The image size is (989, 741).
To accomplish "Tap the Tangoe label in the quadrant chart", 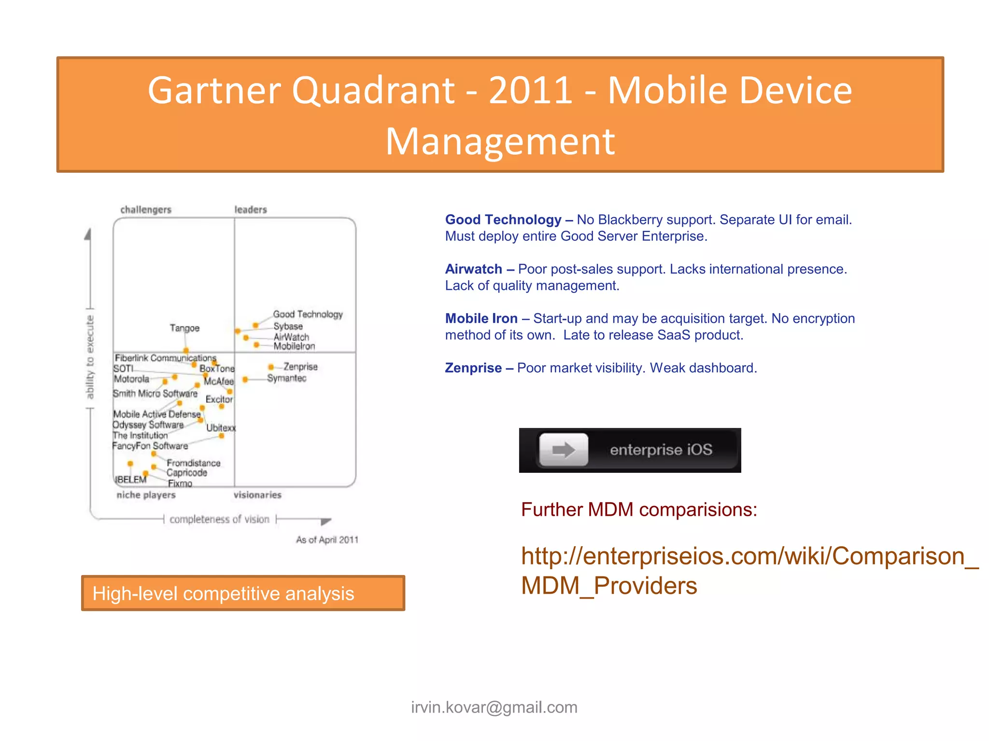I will pyautogui.click(x=184, y=328).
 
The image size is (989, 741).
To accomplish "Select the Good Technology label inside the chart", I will pyautogui.click(x=308, y=314).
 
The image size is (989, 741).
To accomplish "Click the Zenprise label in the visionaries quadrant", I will pyautogui.click(x=300, y=367).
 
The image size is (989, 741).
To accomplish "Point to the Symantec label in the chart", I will pyautogui.click(x=287, y=378).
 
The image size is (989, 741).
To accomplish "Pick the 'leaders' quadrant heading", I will pyautogui.click(x=251, y=209).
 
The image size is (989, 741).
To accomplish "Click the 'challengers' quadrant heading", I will pyautogui.click(x=146, y=209).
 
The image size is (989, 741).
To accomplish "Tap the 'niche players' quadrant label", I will pyautogui.click(x=146, y=495).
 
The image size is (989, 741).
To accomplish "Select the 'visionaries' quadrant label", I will pyautogui.click(x=257, y=495).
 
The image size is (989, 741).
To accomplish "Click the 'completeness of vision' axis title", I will pyautogui.click(x=219, y=519).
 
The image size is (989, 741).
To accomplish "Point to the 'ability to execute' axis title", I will pyautogui.click(x=90, y=357).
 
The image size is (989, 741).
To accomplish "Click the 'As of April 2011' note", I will pyautogui.click(x=327, y=540).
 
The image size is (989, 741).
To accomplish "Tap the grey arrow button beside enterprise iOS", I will pyautogui.click(x=564, y=450).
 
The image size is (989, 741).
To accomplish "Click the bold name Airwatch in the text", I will pyautogui.click(x=473, y=269).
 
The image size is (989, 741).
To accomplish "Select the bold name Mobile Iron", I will pyautogui.click(x=481, y=318).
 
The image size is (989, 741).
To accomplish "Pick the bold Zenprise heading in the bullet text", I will pyautogui.click(x=473, y=368).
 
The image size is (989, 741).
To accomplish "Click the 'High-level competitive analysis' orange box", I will pyautogui.click(x=243, y=593).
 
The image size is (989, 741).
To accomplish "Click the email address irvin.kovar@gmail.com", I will pyautogui.click(x=494, y=707).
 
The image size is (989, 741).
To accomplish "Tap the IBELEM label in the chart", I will pyautogui.click(x=130, y=480).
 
